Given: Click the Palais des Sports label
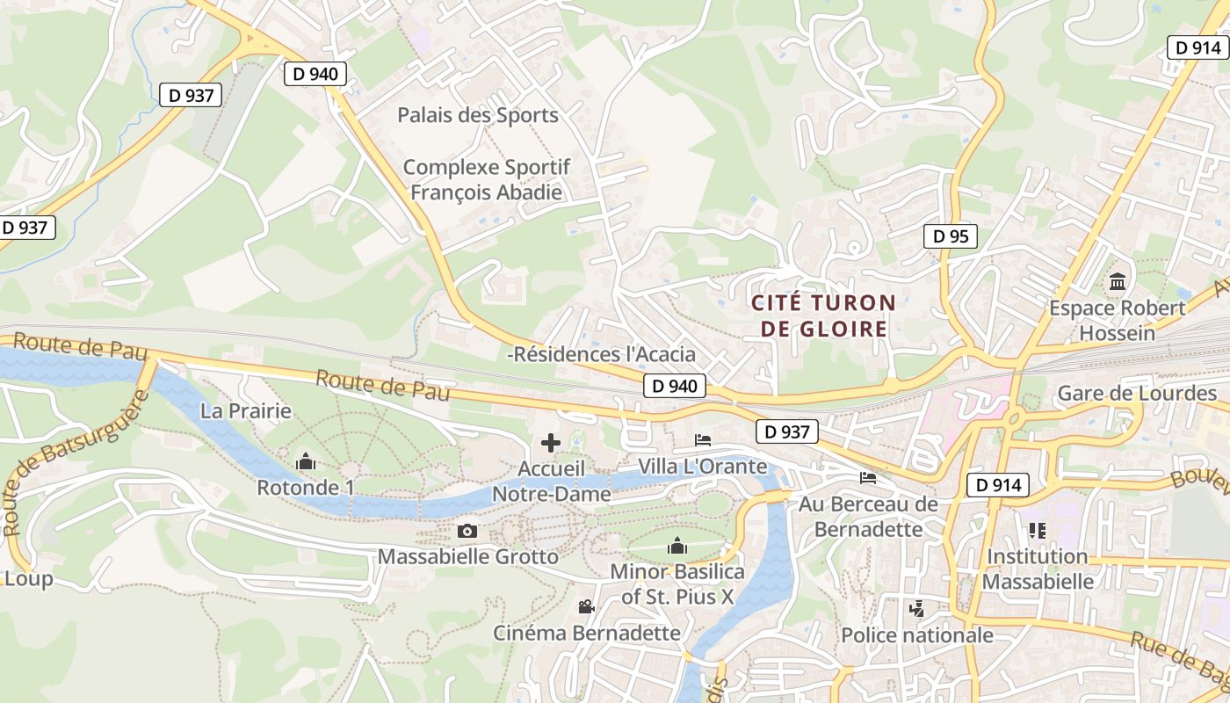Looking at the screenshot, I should pos(477,115).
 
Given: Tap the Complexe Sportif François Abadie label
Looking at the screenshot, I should pos(486,179).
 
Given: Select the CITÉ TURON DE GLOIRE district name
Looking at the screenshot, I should pos(823,316).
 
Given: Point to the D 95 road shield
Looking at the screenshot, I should pos(951,236).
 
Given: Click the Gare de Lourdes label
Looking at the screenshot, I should pos(1137,393).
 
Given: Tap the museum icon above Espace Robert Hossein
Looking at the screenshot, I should pos(1118,282).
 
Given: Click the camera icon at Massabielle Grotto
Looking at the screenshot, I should pos(467,531).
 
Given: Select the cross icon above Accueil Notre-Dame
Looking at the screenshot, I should pos(551,443).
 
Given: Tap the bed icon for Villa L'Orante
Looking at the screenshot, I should pos(703,439).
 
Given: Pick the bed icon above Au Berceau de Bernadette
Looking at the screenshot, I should pos(868,478).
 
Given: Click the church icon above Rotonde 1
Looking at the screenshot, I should pos(306,461).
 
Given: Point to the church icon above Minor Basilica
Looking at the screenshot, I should pos(676,547).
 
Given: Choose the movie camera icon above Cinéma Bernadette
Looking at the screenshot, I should pos(586,606).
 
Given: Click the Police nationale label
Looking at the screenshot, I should pos(917,634).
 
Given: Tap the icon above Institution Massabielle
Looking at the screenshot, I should pos(1038,530).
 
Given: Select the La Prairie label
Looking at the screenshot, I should pos(245,410).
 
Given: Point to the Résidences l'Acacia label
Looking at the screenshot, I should pos(604,354).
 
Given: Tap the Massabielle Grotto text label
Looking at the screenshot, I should pos(467,556).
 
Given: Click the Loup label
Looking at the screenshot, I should pos(28,578).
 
